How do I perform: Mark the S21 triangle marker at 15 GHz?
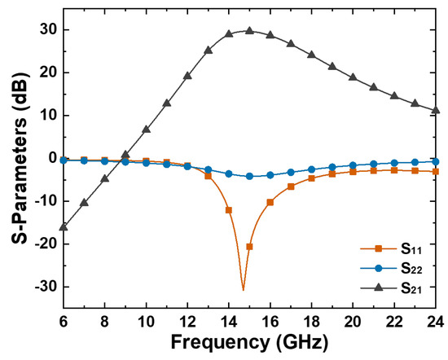click(249, 31)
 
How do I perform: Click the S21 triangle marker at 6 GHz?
click(64, 226)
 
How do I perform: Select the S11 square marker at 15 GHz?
click(249, 247)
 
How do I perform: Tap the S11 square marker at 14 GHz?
click(229, 210)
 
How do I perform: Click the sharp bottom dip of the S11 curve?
click(243, 289)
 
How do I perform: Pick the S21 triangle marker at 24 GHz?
click(436, 111)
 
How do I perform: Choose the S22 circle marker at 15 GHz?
click(249, 177)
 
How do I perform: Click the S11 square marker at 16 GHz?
click(270, 202)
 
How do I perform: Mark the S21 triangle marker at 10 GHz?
click(146, 130)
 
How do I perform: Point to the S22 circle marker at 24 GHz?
click(436, 161)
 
